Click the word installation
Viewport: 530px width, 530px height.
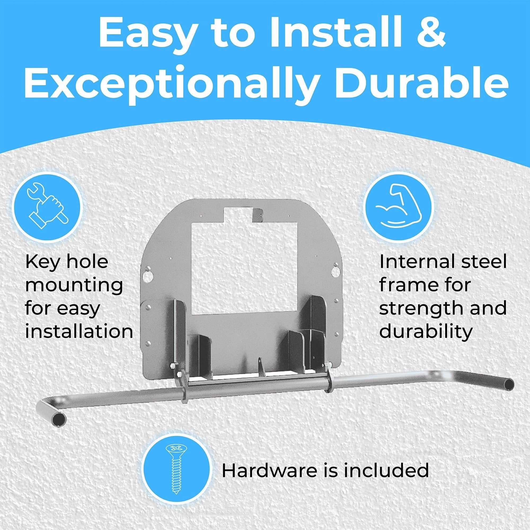pos(79,332)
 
